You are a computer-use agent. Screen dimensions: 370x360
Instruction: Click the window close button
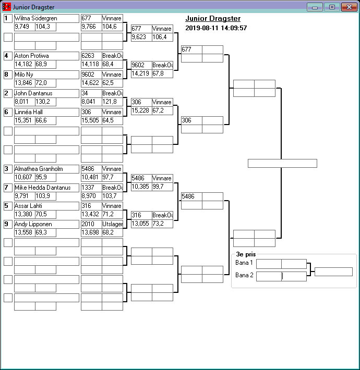click(x=349, y=7)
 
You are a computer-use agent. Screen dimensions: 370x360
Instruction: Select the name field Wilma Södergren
click(x=46, y=18)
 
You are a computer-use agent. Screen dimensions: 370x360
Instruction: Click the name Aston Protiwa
click(x=46, y=56)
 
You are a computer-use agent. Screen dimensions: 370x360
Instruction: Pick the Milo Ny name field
click(x=46, y=75)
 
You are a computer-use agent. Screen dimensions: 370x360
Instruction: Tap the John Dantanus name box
click(x=46, y=93)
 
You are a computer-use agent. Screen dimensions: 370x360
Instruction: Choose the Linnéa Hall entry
click(x=46, y=112)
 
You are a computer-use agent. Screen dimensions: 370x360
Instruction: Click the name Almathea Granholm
click(x=46, y=169)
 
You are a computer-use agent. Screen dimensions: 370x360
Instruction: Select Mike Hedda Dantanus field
click(x=46, y=188)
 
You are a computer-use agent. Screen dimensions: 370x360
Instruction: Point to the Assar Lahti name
click(x=46, y=206)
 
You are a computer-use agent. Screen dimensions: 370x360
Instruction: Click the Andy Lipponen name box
click(x=46, y=225)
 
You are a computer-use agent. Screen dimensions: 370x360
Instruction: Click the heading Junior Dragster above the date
click(x=213, y=19)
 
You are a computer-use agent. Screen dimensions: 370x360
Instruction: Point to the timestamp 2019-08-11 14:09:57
click(x=216, y=28)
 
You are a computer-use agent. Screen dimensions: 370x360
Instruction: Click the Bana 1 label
click(x=244, y=263)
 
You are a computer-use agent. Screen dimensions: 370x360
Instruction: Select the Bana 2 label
click(x=244, y=275)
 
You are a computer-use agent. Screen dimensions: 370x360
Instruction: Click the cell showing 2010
click(x=91, y=225)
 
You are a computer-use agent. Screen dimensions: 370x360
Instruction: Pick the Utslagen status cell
click(x=112, y=225)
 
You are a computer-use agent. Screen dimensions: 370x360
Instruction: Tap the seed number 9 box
click(x=8, y=225)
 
